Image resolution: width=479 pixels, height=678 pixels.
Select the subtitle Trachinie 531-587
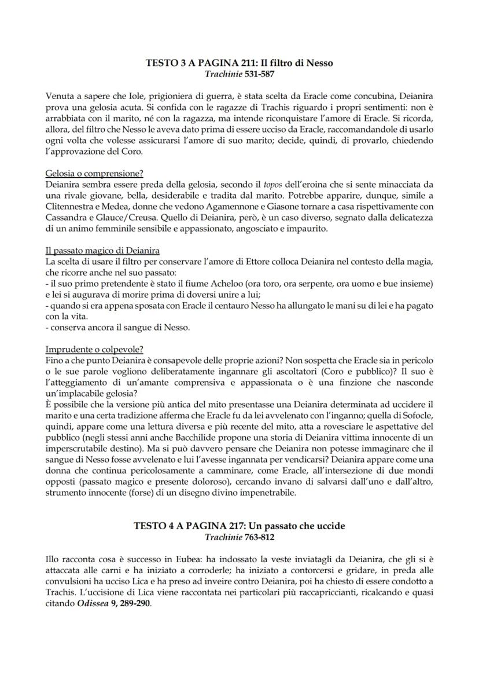[239, 74]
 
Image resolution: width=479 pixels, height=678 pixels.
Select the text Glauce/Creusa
[121, 215]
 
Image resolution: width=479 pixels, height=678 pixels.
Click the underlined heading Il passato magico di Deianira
[102, 251]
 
